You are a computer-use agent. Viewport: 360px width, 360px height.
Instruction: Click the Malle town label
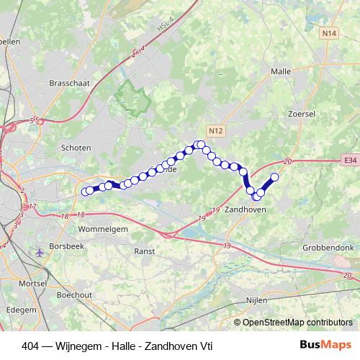[x=280, y=72]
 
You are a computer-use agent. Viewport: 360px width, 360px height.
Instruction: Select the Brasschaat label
[x=68, y=84]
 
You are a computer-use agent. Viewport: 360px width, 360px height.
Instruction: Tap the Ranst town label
[x=145, y=251]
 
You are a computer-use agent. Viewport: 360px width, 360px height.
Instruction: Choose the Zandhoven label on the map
[x=246, y=209]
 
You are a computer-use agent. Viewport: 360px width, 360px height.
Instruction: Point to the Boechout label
[x=75, y=294]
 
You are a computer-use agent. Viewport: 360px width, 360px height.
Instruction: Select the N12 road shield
[x=216, y=130]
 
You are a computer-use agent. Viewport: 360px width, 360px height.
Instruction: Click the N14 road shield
[x=330, y=33]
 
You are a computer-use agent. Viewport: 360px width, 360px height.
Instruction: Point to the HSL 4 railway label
[x=167, y=30]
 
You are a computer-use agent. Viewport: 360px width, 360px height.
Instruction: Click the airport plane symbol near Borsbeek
[x=38, y=252]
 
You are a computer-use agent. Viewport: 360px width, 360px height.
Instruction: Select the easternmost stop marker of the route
[x=274, y=177]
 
